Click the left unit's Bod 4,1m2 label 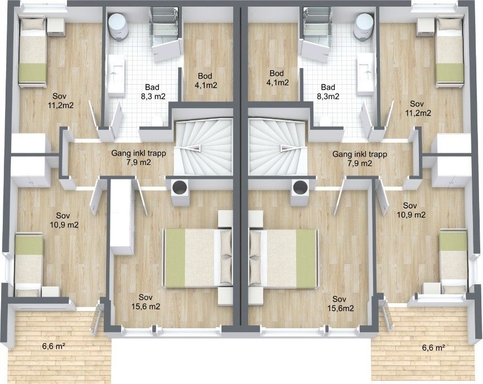tap(206, 80)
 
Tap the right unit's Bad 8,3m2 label tap(328, 92)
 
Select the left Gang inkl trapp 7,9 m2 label tap(139, 158)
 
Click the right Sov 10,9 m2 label tap(410, 210)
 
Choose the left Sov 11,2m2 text tap(60, 101)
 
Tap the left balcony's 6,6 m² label tap(54, 346)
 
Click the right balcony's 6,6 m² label tap(433, 348)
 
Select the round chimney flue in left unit tap(180, 187)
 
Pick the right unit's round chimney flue tap(301, 187)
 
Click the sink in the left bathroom tap(116, 74)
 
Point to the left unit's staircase tap(203, 147)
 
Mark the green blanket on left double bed tap(175, 258)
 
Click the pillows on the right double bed tap(255, 257)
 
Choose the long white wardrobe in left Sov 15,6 tap(122, 217)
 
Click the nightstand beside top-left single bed tap(56, 27)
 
